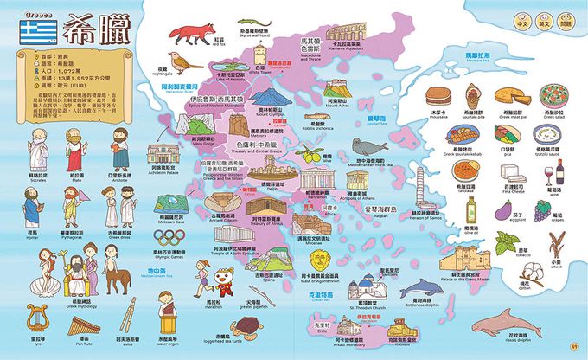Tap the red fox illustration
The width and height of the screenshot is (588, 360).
tap(188, 35)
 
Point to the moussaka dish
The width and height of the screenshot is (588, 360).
tap(439, 94)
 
